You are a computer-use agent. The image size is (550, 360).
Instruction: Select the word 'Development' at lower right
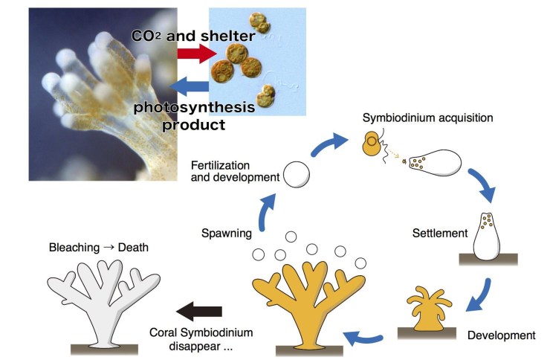[501, 335]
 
